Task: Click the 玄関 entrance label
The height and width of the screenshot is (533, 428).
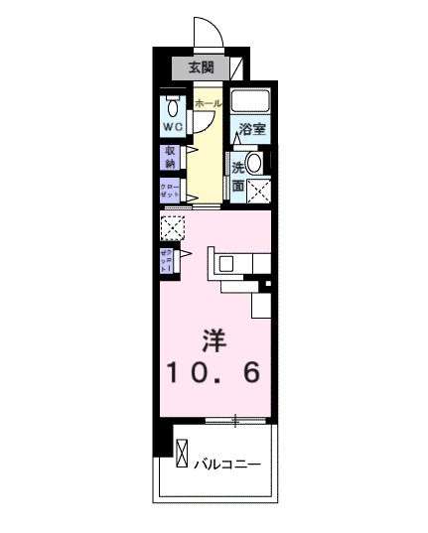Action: tap(200, 67)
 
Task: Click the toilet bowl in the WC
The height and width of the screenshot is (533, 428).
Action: tap(174, 107)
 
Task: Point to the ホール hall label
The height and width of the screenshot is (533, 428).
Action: tap(208, 103)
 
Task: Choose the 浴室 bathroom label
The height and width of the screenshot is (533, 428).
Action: tap(252, 129)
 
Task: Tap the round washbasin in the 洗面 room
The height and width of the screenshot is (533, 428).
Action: tap(254, 163)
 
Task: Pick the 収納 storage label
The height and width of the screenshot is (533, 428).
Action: tap(169, 157)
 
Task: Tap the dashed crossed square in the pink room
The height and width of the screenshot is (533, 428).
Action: tap(172, 228)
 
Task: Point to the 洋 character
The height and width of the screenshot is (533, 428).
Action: tap(213, 340)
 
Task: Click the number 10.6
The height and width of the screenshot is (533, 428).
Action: tap(213, 373)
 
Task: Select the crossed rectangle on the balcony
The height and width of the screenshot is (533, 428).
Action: tap(182, 456)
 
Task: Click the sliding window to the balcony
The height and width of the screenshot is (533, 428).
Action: tap(236, 422)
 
